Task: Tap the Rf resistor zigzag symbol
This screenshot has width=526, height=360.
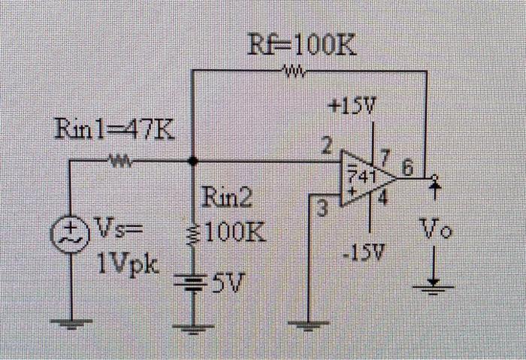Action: click(x=292, y=72)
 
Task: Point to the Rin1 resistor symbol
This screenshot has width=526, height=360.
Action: click(x=121, y=160)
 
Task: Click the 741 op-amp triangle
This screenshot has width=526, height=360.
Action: click(x=367, y=178)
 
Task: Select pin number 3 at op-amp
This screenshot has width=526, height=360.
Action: click(x=324, y=207)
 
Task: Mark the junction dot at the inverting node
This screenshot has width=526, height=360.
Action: click(x=193, y=160)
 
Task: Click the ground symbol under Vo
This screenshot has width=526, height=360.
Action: click(x=434, y=287)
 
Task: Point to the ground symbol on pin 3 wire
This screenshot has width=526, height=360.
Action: click(x=310, y=325)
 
